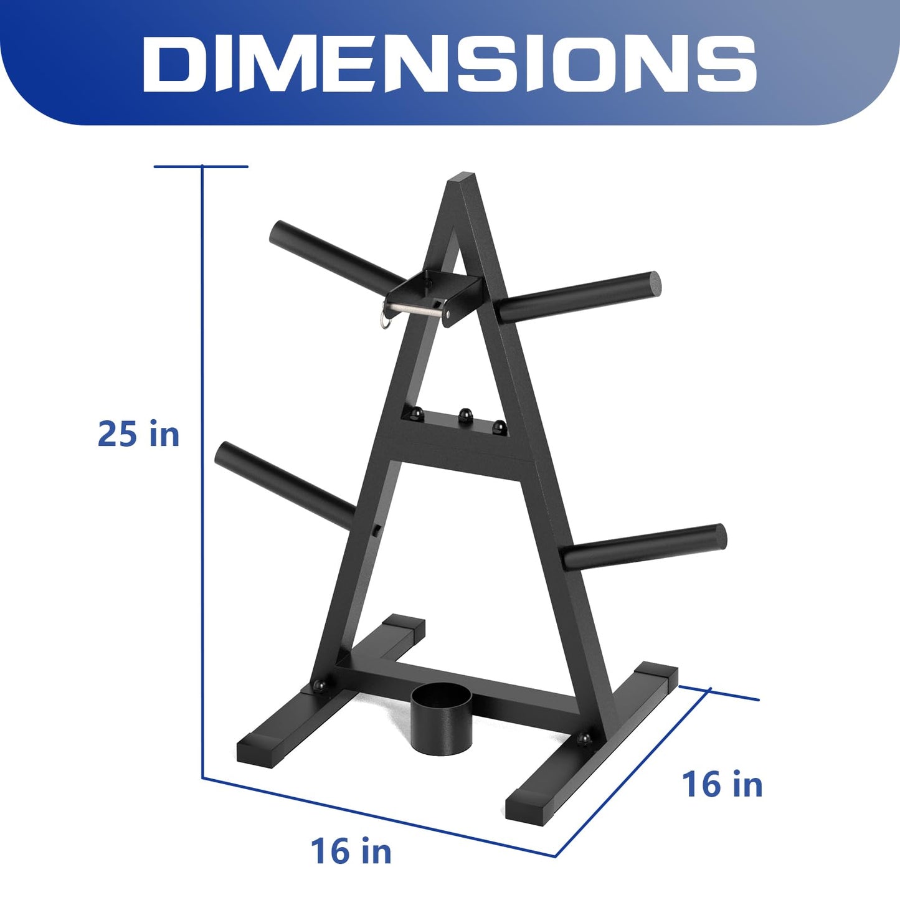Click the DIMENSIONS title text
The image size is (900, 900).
(449, 64)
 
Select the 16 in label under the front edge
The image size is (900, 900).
(351, 851)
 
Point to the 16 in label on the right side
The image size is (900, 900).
(722, 784)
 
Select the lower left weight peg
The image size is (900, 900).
(284, 483)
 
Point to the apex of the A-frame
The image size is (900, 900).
(462, 181)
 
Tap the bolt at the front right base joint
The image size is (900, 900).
(584, 739)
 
